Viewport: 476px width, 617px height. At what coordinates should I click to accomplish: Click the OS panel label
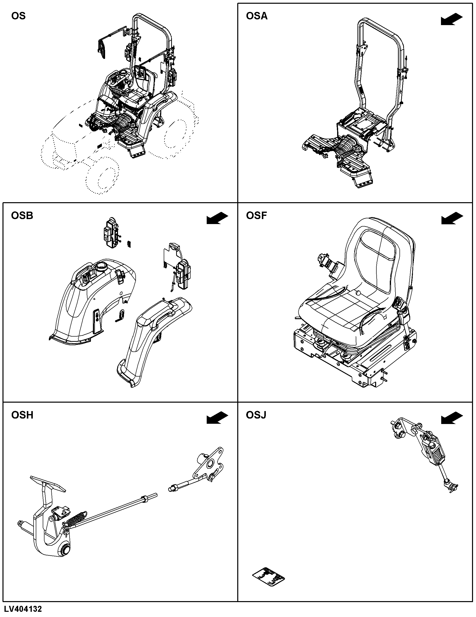[18, 16]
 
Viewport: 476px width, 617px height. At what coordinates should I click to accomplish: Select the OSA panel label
[256, 16]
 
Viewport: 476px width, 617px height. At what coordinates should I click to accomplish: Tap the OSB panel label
[22, 216]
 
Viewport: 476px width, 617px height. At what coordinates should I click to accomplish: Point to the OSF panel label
[256, 216]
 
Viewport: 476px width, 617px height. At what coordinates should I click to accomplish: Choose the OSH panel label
[22, 415]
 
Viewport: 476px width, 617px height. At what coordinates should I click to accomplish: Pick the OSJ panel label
[256, 415]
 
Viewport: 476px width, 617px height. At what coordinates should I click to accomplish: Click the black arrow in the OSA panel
[452, 20]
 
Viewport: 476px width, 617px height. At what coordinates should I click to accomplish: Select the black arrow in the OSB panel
[217, 218]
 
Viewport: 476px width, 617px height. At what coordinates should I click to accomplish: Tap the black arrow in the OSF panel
[452, 218]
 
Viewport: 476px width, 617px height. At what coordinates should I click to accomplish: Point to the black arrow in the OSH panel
[217, 418]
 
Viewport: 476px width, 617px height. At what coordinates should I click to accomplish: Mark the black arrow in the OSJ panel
[452, 418]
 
